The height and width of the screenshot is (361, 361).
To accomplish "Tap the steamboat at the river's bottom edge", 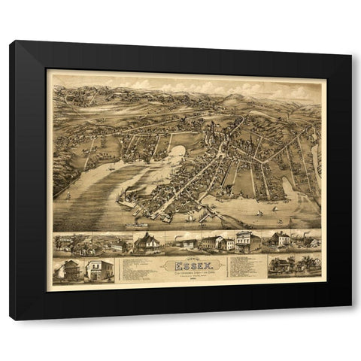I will [140, 223].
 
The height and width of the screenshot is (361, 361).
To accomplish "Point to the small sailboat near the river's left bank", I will [68, 195].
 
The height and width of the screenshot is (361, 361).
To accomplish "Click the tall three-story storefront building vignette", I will [247, 241].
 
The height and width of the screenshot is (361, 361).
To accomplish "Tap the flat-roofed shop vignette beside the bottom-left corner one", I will [98, 270].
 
